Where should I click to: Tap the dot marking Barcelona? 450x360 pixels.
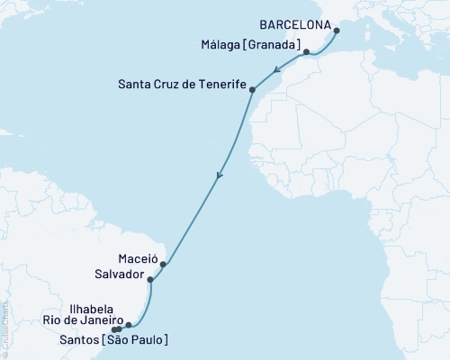click(337, 31)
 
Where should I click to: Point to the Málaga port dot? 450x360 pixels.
click(307, 52)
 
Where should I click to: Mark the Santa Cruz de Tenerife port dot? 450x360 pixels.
click(252, 90)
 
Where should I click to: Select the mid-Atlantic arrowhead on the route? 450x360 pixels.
click(217, 178)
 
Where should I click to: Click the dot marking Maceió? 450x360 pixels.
click(163, 265)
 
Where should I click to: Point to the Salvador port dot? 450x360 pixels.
click(150, 281)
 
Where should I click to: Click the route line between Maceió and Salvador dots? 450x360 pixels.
click(157, 273)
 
